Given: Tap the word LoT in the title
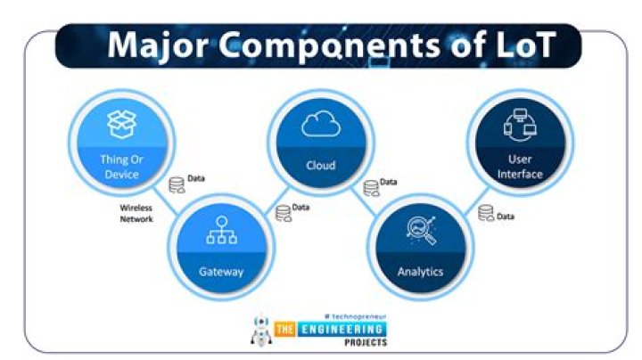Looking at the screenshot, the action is point(525,45).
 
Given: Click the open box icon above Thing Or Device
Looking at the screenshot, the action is point(121,124).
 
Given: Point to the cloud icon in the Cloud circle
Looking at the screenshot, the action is point(321,123).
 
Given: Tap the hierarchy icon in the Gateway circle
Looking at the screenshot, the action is point(221,230).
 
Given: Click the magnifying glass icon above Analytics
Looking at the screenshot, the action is point(421,230).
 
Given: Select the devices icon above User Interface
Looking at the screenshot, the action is point(520,125).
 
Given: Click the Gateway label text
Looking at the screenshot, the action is point(221,272).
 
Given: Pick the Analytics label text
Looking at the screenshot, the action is point(421,272).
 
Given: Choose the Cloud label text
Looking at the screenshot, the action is point(321,165).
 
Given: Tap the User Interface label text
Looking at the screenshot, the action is point(520,167).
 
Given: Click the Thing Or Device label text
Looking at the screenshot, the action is point(121,167).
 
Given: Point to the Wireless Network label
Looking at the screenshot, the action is point(136,214).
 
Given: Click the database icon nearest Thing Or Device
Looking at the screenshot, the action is point(177,185).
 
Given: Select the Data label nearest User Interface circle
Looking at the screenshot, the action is point(506,217).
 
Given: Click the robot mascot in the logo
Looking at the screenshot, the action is point(261,330).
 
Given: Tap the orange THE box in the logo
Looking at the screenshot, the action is point(285,330).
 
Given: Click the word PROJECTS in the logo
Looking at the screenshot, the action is point(366,342).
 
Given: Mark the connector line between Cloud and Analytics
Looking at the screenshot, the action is point(364,201).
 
